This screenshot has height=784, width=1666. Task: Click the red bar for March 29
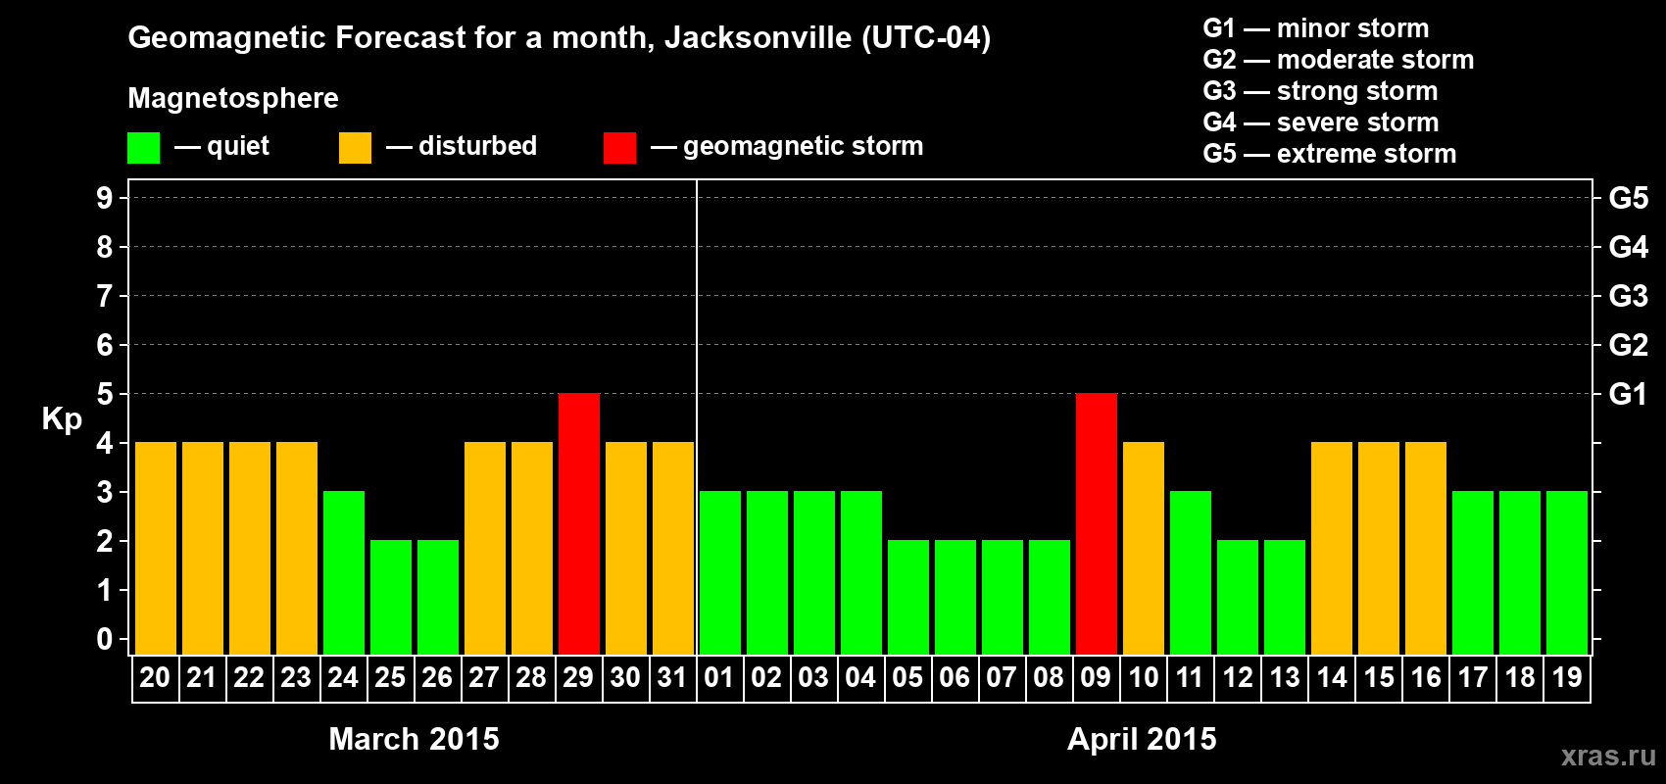pyautogui.click(x=579, y=523)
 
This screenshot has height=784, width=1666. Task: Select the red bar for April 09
pyautogui.click(x=1097, y=523)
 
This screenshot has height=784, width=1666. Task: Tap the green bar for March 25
pyautogui.click(x=391, y=597)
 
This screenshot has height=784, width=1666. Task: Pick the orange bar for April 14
pyautogui.click(x=1332, y=548)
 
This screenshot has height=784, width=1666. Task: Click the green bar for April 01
pyautogui.click(x=720, y=572)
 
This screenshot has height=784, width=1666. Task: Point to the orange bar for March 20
pyautogui.click(x=156, y=548)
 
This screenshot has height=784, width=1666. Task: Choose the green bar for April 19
pyautogui.click(x=1567, y=572)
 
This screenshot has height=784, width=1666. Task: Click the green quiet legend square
pyautogui.click(x=144, y=148)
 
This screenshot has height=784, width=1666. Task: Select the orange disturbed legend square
pyautogui.click(x=355, y=148)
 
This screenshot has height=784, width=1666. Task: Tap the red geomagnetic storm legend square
pyautogui.click(x=619, y=148)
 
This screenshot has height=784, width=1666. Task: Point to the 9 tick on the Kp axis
pyautogui.click(x=105, y=198)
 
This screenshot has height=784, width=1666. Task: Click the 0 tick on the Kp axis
pyautogui.click(x=105, y=640)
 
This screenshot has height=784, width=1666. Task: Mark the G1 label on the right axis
pyautogui.click(x=1628, y=394)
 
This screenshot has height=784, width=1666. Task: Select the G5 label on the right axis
pyautogui.click(x=1628, y=198)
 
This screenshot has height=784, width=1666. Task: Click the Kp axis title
pyautogui.click(x=62, y=419)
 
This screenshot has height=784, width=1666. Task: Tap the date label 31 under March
pyautogui.click(x=672, y=677)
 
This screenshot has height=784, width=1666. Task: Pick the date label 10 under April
pyautogui.click(x=1143, y=677)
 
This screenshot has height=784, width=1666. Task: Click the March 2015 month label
pyautogui.click(x=414, y=739)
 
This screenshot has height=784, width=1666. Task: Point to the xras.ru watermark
pyautogui.click(x=1608, y=756)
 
